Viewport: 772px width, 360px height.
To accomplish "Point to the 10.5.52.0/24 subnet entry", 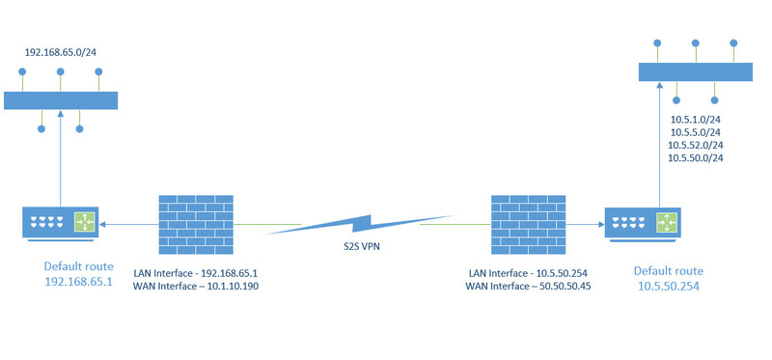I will pos(697,145).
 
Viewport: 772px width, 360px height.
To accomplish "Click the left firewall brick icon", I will pos(196,225).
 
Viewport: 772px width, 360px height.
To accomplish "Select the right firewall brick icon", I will pos(527,225).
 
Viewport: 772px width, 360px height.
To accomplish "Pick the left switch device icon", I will pos(61,223).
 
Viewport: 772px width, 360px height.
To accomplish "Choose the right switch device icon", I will pos(641,223).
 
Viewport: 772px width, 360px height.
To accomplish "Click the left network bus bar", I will pos(60,100).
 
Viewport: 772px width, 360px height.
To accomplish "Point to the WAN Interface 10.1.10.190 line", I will pos(196,287).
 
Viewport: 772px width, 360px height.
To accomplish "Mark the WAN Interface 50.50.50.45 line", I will pos(528,287).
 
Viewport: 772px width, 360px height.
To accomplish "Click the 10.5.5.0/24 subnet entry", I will pos(697,132).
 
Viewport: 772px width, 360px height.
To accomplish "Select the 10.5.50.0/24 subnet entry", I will pos(697,157).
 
